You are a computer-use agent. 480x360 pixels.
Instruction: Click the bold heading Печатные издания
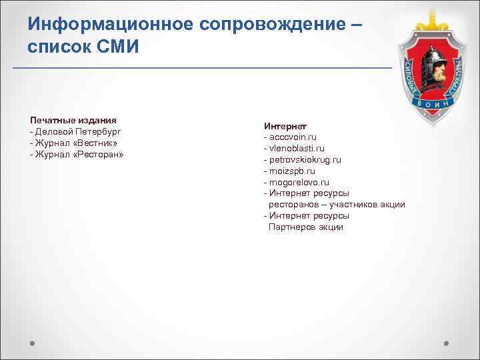coord(73,120)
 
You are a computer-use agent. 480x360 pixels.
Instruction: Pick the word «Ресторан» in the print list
coord(99,154)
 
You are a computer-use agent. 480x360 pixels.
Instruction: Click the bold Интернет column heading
coord(285,126)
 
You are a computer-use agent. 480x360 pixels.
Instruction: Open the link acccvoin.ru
coord(293,137)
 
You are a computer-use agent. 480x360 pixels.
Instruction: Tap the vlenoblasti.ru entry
coord(297,149)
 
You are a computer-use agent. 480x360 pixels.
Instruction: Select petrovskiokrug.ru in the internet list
coord(305,160)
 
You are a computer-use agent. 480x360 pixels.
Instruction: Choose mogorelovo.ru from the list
coord(299,182)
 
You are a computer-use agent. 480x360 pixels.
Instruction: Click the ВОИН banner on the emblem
coord(435,105)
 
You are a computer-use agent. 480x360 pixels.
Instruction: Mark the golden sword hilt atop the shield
coord(435,11)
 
